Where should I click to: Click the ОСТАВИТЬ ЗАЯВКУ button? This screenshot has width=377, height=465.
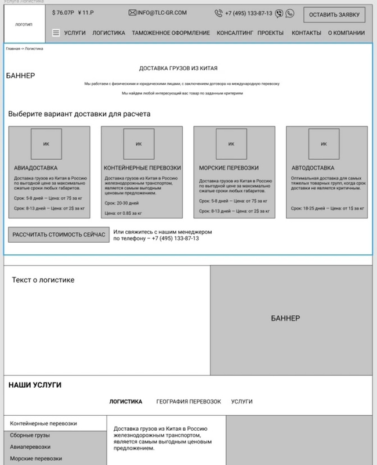coord(333,15)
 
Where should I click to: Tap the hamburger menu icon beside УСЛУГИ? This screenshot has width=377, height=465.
coord(56,33)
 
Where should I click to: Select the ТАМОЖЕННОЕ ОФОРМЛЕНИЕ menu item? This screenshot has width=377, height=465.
coord(171,33)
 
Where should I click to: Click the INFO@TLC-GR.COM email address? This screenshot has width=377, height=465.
coord(162,13)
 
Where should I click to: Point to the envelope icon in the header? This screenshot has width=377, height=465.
coord(132,13)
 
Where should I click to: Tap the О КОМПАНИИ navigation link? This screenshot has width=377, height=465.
coord(346,33)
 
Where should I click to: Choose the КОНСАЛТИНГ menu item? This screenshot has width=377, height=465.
coord(235,33)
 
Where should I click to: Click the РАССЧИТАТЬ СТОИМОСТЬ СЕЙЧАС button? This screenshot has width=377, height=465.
coord(59,235)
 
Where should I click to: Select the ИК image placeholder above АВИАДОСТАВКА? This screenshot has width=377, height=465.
coord(46,143)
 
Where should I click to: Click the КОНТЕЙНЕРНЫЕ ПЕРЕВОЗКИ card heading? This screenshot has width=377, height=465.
coord(142,168)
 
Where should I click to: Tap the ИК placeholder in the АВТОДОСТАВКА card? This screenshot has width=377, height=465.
coord(324,143)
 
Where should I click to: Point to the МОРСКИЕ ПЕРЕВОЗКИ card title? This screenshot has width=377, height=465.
coord(229,168)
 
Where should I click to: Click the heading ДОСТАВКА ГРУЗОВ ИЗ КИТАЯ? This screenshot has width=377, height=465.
coord(178,69)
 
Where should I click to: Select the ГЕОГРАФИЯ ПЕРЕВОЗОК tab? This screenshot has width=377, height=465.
coord(188,402)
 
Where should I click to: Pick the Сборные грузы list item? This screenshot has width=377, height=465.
coord(30,435)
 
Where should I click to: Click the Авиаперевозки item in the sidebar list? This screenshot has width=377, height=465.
coord(30,447)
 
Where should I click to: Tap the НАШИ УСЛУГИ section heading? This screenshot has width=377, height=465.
coord(35,385)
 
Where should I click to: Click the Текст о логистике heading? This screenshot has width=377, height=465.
coord(43,280)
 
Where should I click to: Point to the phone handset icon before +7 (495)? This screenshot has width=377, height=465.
coord(219,13)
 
